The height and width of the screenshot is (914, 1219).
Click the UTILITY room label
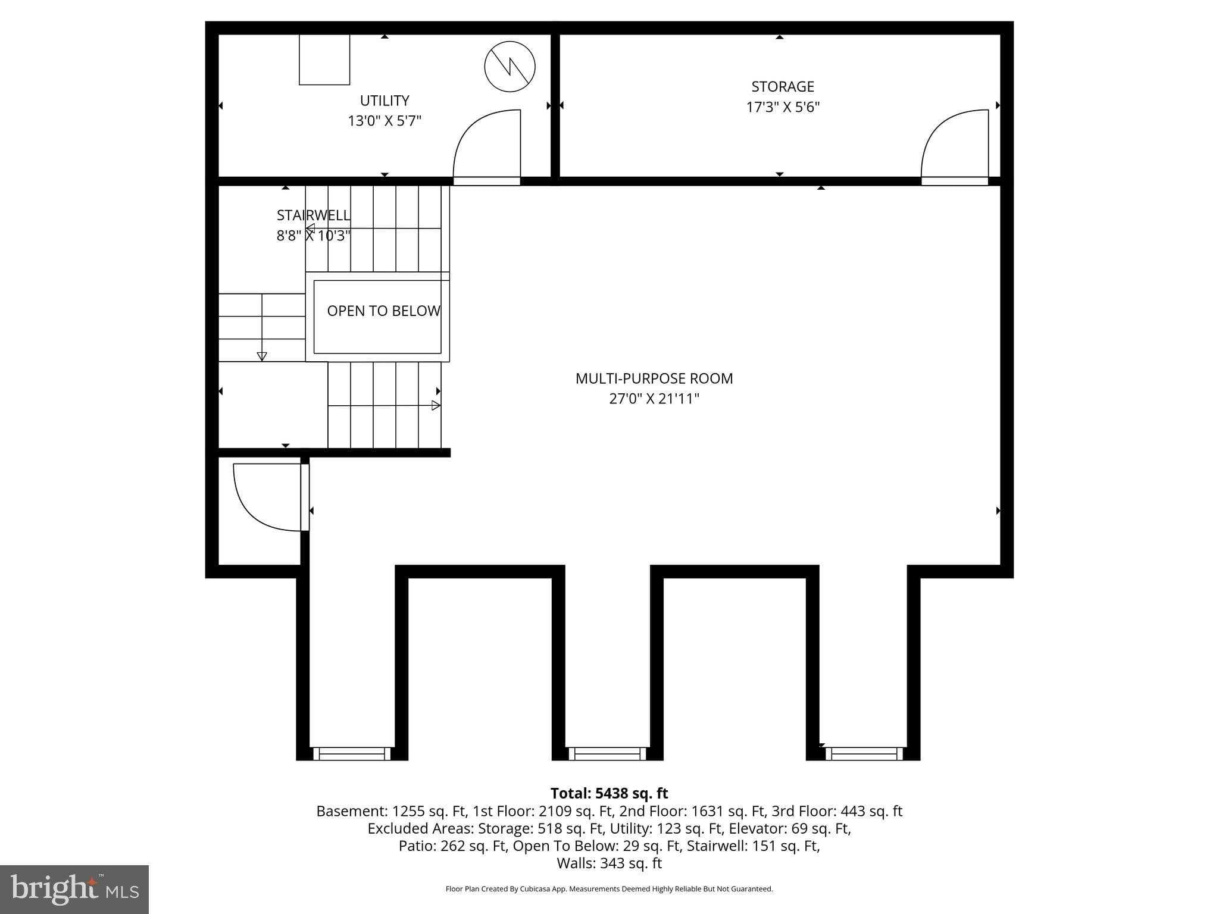tap(385, 101)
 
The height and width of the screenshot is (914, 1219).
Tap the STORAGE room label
tap(782, 87)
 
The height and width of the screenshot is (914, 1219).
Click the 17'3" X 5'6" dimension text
tap(783, 107)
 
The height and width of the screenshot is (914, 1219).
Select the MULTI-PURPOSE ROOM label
tap(654, 378)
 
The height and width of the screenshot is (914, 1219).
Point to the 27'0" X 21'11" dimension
tap(654, 399)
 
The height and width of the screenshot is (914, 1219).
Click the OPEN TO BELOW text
tap(383, 311)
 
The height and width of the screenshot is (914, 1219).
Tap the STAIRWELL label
tap(313, 215)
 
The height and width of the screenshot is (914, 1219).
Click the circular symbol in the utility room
tap(510, 67)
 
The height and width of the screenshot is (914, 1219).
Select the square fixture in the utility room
tap(324, 60)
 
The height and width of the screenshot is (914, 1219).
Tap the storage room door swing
tap(955, 145)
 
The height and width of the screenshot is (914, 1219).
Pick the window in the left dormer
tap(352, 754)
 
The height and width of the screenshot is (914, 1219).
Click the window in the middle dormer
tap(607, 754)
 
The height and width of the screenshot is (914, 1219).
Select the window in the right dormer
tap(864, 754)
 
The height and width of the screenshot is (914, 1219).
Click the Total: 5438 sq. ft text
tap(609, 793)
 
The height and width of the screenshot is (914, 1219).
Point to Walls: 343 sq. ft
tap(609, 863)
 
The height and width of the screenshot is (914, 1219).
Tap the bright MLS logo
tap(74, 889)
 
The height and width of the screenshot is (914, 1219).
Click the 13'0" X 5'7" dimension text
tap(385, 121)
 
